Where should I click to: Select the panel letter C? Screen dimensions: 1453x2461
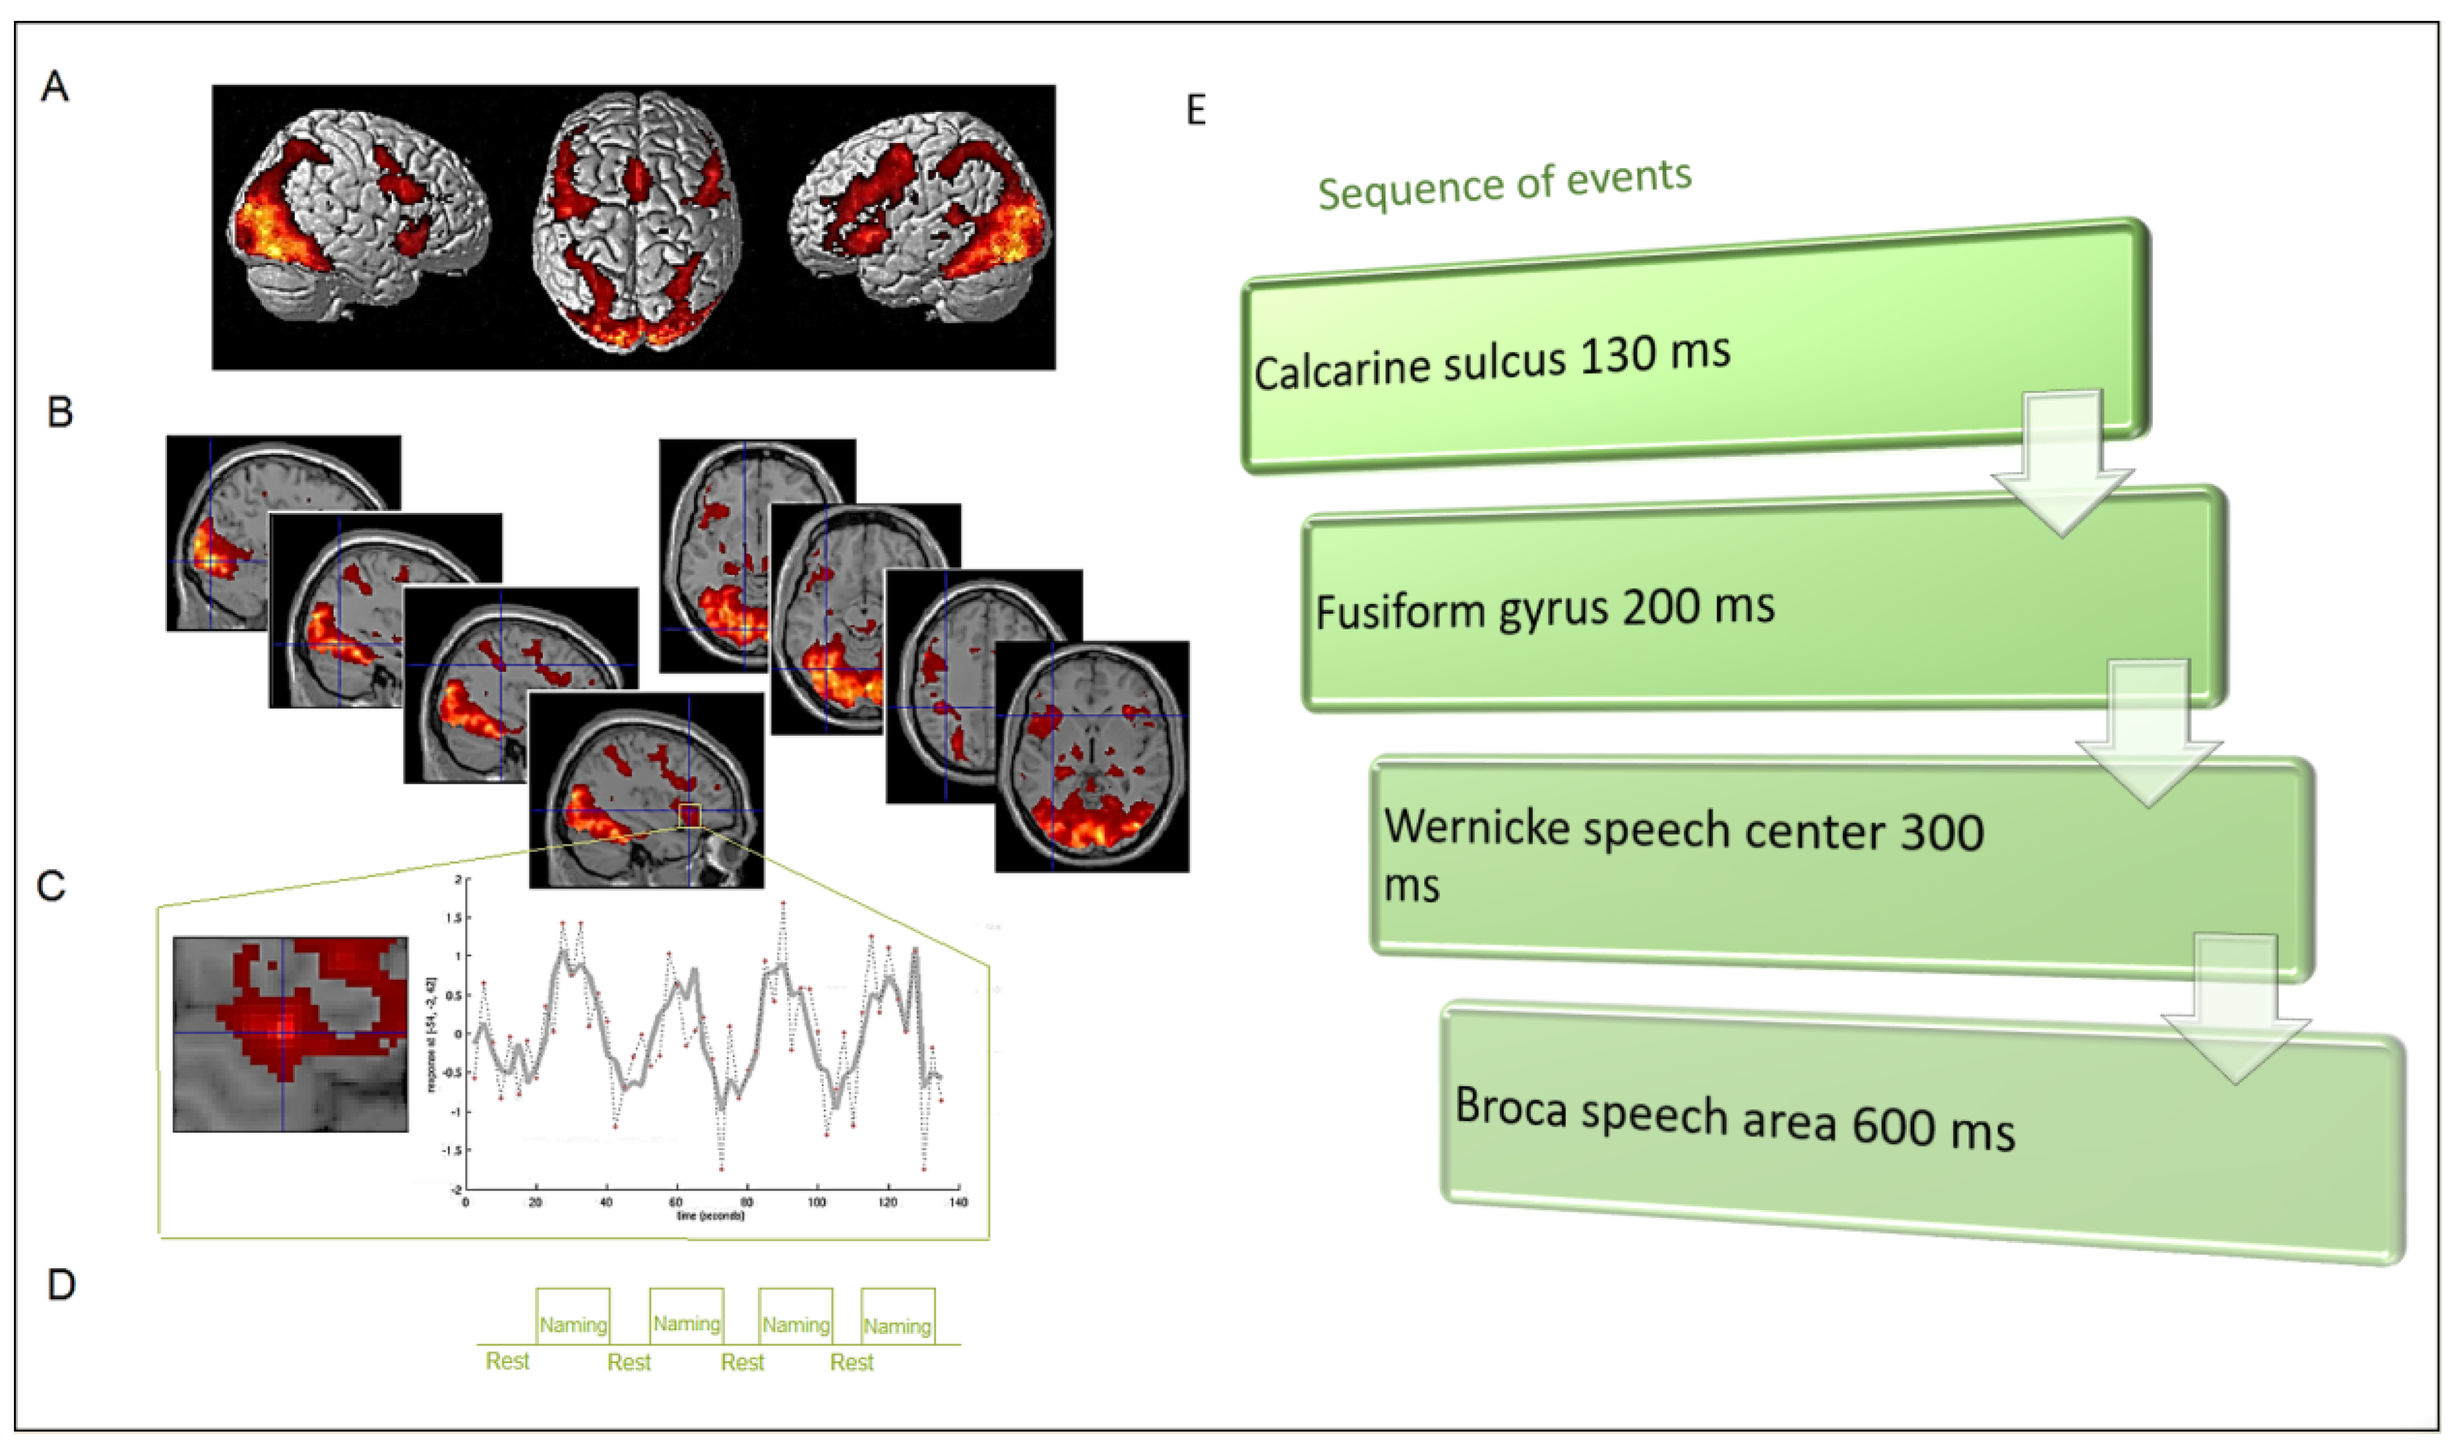point(51,886)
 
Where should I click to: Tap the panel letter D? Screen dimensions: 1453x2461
point(61,1285)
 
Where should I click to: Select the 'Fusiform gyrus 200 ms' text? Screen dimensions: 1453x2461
point(1545,610)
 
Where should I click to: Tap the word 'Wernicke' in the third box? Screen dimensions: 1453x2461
point(1476,827)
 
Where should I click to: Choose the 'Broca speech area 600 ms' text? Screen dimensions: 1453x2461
point(1735,1117)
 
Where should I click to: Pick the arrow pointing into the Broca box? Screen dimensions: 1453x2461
point(2235,1008)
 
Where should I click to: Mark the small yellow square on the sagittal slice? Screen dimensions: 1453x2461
point(690,815)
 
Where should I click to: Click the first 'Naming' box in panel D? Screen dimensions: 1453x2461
point(573,1317)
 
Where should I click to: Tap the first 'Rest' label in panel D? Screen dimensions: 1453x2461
point(507,1361)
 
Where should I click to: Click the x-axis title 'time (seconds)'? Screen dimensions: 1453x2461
point(710,1215)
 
